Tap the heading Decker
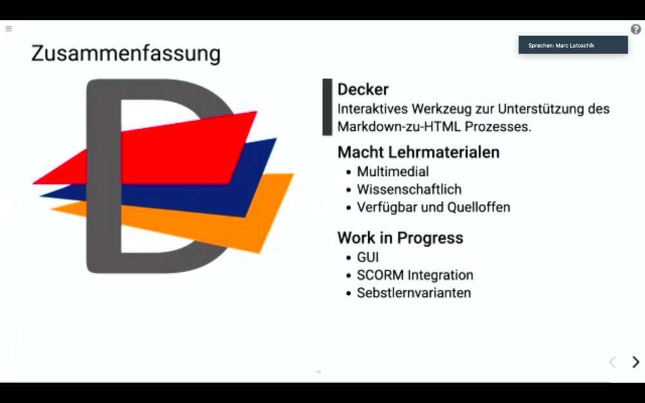pos(362,89)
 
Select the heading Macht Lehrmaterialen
pos(419,152)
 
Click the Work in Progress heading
pos(401,238)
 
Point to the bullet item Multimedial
pos(393,172)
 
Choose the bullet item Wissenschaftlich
pos(410,189)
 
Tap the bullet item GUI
pos(368,257)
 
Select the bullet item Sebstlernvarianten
pos(414,293)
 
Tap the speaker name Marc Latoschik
pos(575,46)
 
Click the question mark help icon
pos(635,29)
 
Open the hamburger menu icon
pos(8,29)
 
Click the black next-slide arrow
pos(635,362)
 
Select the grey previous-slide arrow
pos(613,362)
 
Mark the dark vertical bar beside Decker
pos(327,107)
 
